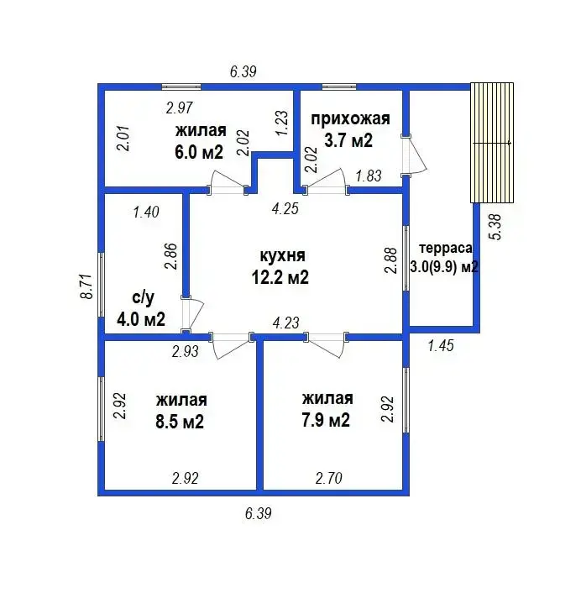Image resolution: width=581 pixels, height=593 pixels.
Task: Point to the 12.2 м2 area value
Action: click(282, 278)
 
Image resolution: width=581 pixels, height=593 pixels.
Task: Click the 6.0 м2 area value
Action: click(199, 152)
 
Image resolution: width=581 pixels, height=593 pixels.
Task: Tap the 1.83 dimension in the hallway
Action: click(369, 176)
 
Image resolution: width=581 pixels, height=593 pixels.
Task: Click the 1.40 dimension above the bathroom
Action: click(146, 213)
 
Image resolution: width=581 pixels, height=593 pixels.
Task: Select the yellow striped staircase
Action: click(491, 143)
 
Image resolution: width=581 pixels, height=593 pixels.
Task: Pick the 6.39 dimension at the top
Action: click(243, 71)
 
